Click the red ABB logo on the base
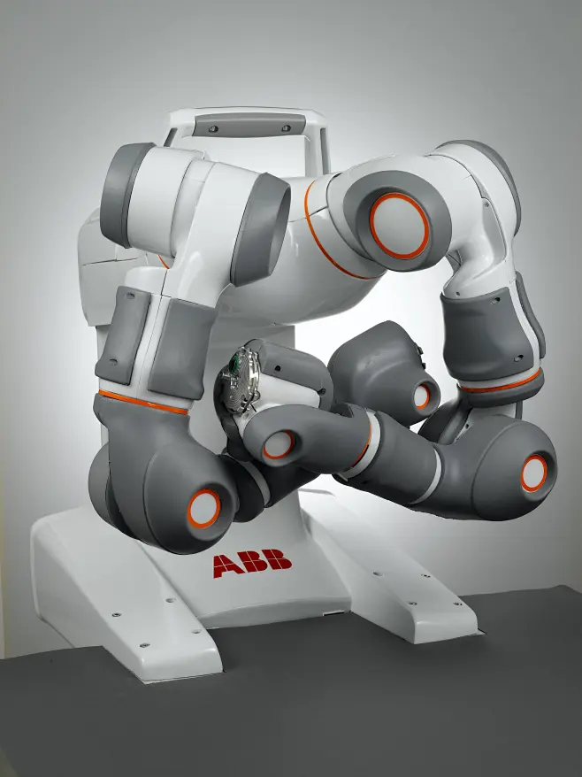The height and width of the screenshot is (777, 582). (252, 564)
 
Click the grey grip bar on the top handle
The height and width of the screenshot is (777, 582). (249, 125)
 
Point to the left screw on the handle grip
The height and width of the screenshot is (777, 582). (213, 129)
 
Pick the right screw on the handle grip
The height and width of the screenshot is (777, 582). (286, 127)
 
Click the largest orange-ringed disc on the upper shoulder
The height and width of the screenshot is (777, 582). (399, 226)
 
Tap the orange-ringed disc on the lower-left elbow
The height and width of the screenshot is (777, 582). (203, 509)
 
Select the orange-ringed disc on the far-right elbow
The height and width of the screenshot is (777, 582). (533, 473)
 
